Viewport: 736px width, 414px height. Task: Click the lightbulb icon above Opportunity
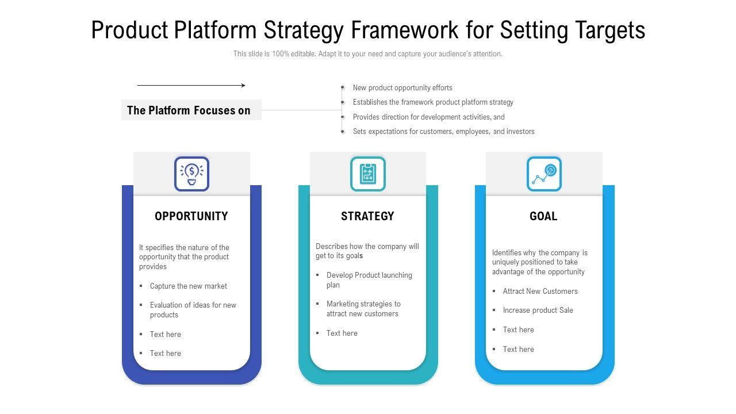(x=191, y=174)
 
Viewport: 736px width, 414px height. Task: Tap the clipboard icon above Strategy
(x=368, y=174)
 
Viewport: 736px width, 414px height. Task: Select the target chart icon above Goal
(x=544, y=174)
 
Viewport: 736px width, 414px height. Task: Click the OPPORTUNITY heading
(x=191, y=216)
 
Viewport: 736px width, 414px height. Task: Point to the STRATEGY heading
(x=367, y=216)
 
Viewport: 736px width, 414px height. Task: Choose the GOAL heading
(x=543, y=216)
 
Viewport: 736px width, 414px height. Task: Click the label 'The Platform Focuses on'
(x=189, y=110)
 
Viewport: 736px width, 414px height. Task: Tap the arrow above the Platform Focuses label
(x=191, y=86)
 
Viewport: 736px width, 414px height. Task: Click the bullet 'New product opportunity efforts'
(x=402, y=88)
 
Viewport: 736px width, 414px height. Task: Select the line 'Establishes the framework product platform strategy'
(x=433, y=102)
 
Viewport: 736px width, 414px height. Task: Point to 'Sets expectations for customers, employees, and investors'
(x=443, y=132)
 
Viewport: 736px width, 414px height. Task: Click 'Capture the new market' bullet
(x=188, y=286)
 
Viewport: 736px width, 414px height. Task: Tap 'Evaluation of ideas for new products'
(x=193, y=310)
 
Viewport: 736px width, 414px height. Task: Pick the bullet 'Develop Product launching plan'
(x=369, y=280)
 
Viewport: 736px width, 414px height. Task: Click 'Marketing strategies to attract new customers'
(x=363, y=309)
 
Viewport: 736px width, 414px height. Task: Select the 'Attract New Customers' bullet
(x=540, y=292)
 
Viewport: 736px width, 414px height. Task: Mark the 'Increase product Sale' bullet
(x=538, y=310)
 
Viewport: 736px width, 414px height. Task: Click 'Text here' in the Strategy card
(x=342, y=333)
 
